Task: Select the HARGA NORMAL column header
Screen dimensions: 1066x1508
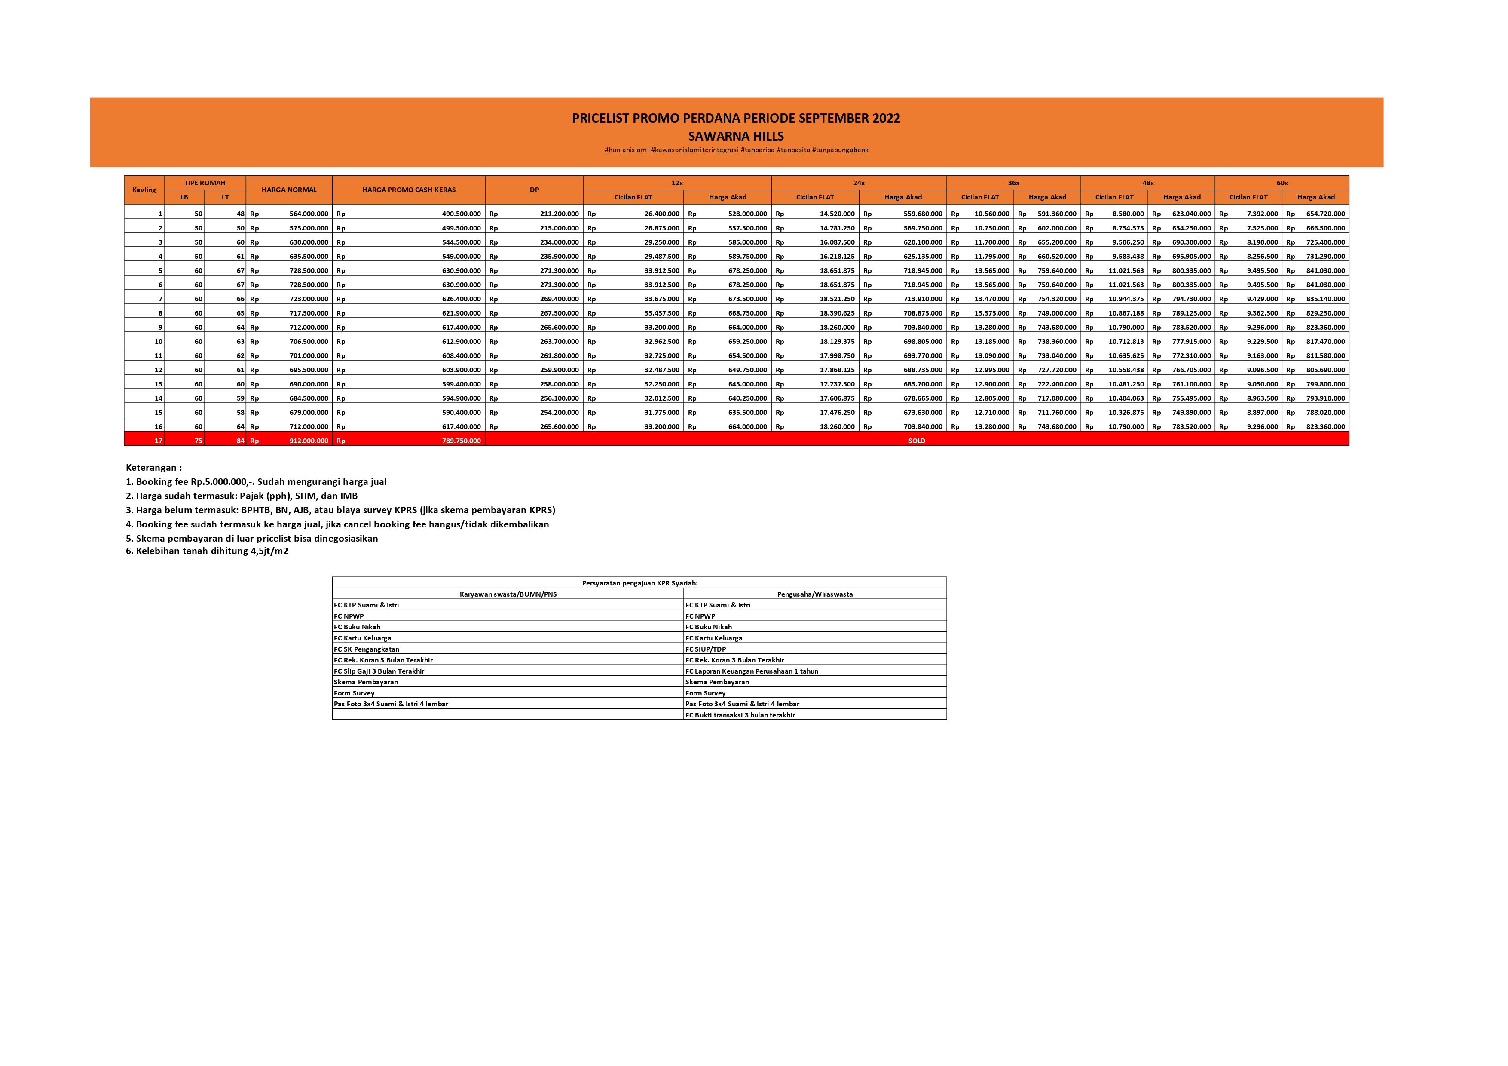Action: point(289,190)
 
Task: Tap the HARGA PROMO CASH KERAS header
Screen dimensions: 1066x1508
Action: point(409,190)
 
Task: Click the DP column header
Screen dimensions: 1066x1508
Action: point(534,190)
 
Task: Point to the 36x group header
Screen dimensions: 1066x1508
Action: point(1013,183)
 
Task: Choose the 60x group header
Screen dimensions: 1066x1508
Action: point(1282,183)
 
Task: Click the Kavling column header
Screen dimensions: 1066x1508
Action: point(144,190)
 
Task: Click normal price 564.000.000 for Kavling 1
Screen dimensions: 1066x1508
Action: point(309,214)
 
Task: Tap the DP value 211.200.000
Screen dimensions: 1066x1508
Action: point(559,214)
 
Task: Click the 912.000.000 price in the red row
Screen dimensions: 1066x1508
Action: point(309,441)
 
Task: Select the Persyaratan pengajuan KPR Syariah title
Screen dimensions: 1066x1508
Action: point(639,582)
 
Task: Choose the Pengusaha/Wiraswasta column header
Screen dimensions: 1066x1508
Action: point(814,594)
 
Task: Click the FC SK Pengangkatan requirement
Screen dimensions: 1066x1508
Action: point(367,649)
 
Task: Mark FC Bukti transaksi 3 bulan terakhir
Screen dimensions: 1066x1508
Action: point(740,715)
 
